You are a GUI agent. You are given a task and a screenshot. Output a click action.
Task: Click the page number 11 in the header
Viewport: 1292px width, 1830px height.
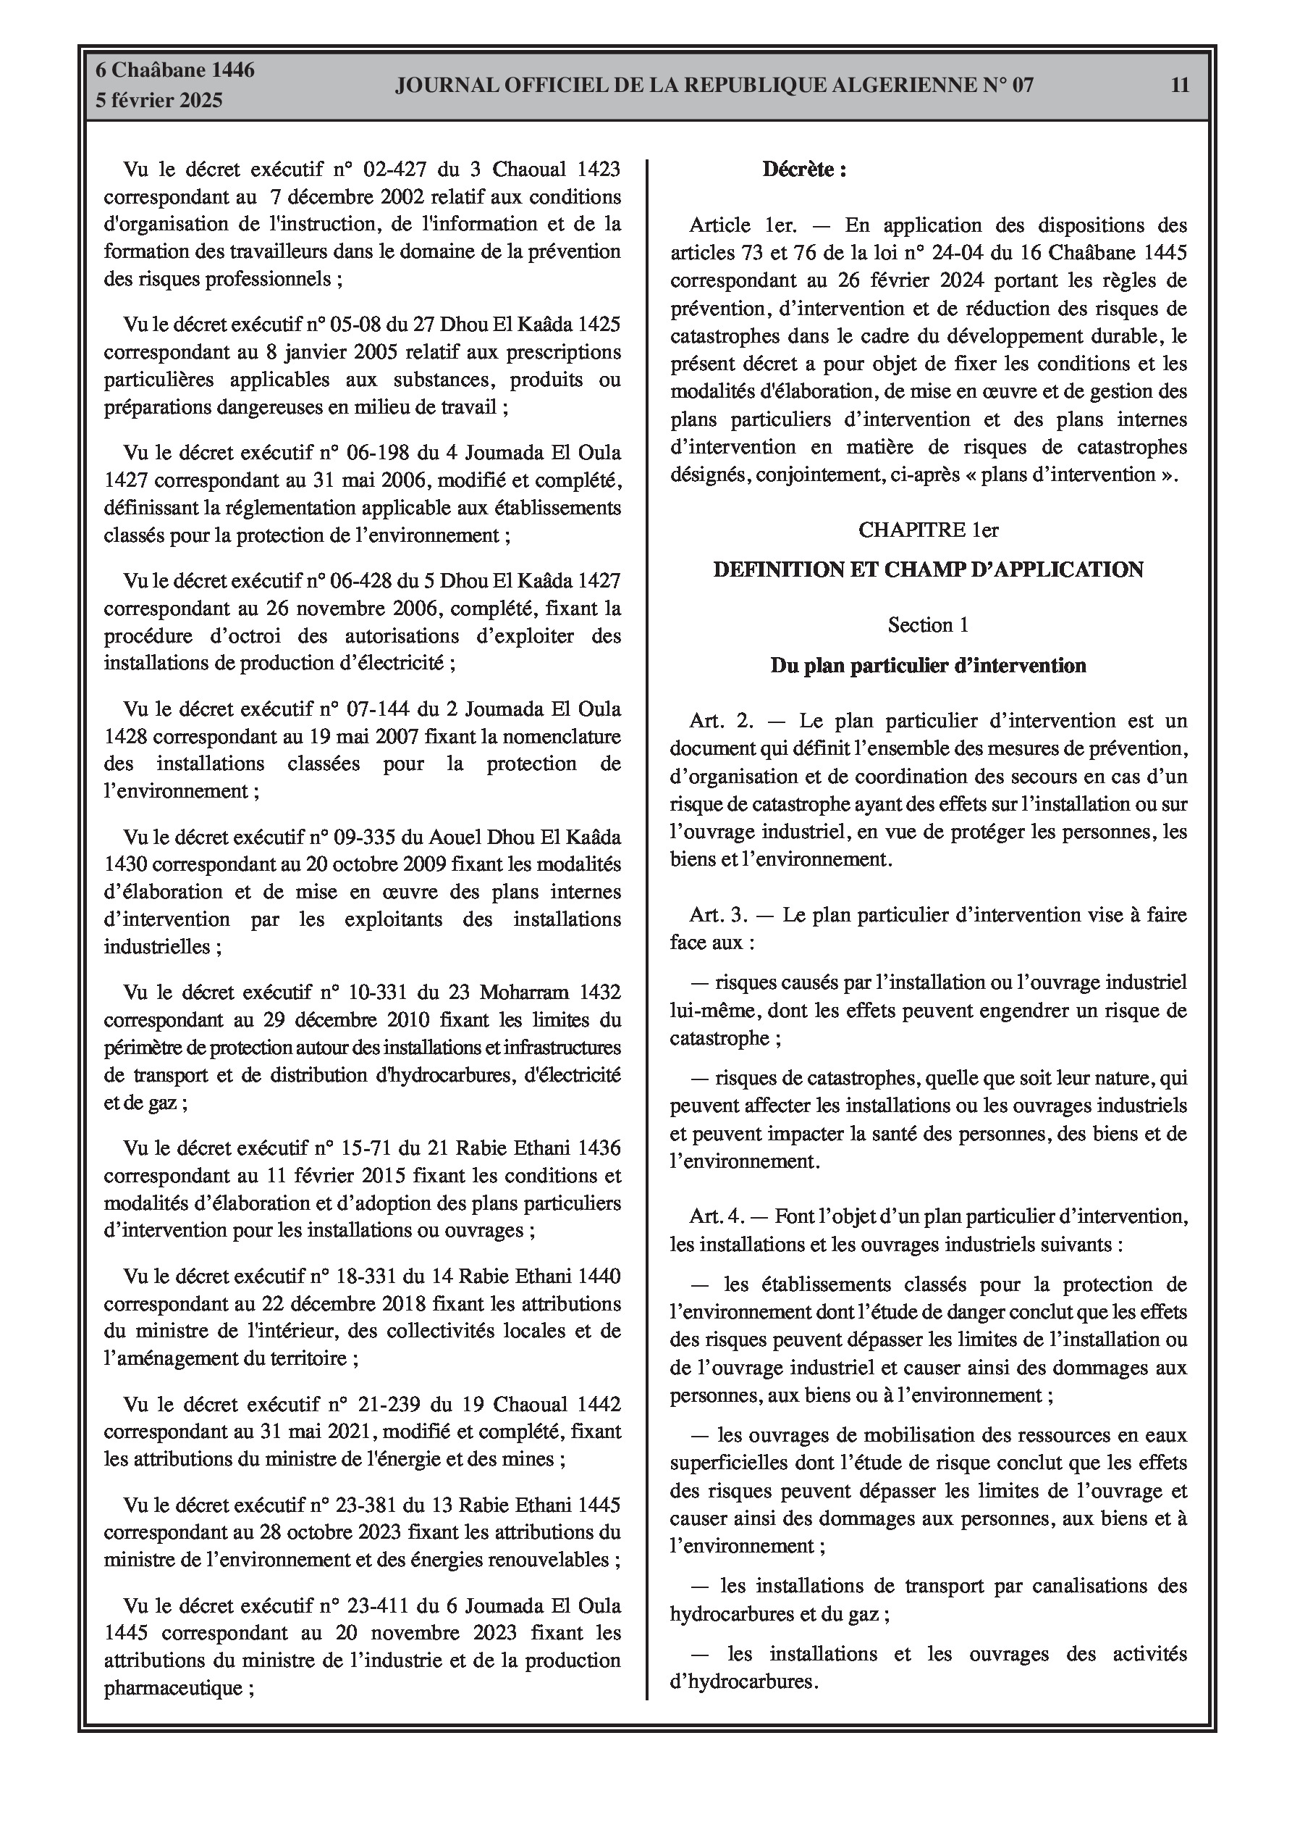1180,85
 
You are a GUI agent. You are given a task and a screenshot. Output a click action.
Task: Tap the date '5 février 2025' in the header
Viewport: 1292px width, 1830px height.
159,101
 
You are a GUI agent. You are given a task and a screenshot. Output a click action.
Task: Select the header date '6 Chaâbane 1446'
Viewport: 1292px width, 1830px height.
174,70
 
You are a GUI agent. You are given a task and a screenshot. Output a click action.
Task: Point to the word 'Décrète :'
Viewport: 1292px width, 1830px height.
803,170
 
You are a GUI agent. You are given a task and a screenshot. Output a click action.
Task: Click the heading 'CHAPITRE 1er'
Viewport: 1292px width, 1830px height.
928,530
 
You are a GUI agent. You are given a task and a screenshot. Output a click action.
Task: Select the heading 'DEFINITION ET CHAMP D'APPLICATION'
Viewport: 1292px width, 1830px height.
928,570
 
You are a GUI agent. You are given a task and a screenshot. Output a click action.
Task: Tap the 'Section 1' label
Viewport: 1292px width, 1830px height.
928,625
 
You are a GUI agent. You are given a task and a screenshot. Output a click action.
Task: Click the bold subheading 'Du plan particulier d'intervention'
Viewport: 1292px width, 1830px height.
928,666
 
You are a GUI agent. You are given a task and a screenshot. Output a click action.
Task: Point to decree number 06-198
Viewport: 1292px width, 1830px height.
375,453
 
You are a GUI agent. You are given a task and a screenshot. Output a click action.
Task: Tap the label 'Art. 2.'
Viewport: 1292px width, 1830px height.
722,722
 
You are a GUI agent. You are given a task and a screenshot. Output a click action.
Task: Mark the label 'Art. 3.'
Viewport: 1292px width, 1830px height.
719,915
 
